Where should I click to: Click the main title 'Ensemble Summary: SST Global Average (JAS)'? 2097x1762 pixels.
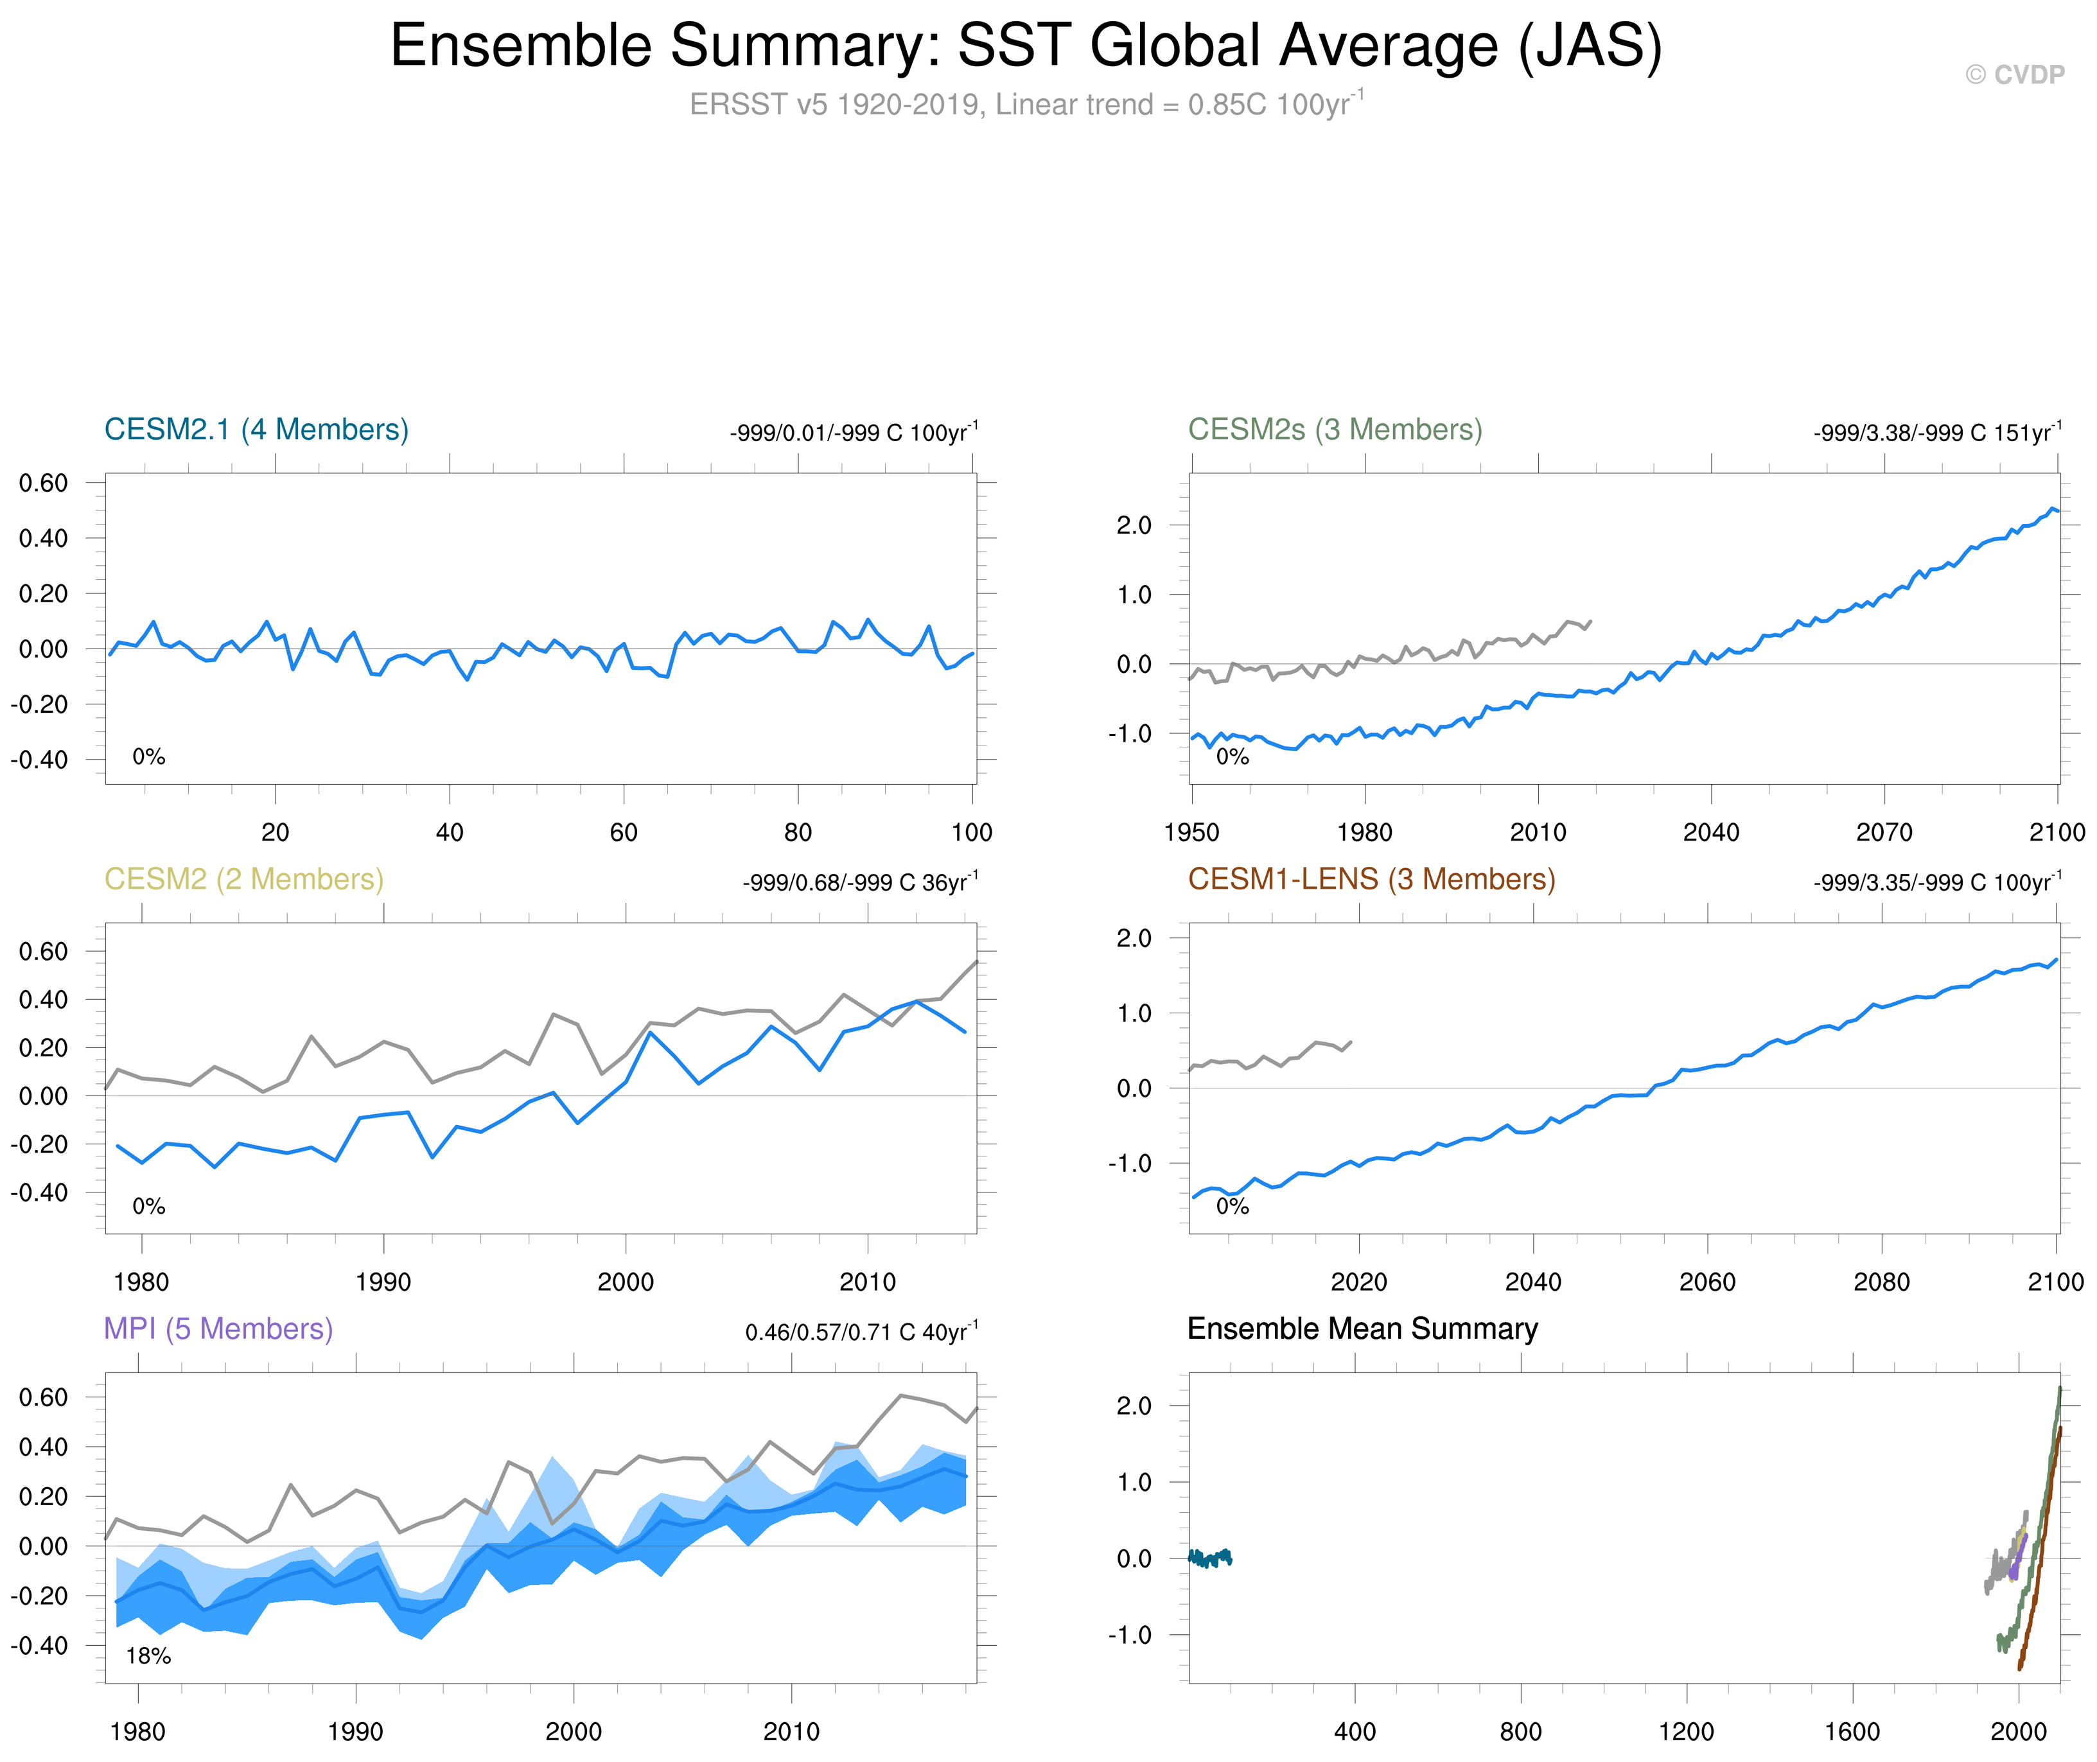[x=1026, y=46]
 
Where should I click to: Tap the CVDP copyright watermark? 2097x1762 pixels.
[x=2014, y=75]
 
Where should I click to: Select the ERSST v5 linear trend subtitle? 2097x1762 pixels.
[x=1026, y=104]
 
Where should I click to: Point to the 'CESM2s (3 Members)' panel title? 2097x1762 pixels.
[x=1335, y=430]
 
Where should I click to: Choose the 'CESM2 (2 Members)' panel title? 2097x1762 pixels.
[x=244, y=879]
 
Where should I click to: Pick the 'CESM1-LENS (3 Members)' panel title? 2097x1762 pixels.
[x=1371, y=879]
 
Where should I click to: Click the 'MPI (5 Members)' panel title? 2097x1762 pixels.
[x=218, y=1329]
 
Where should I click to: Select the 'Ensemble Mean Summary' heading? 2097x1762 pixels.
[x=1362, y=1329]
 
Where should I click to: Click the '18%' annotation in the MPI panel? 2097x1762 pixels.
[x=148, y=1656]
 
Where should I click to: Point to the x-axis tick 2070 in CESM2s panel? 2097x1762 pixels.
[x=1883, y=832]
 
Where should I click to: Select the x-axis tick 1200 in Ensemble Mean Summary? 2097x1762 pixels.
[x=1687, y=1732]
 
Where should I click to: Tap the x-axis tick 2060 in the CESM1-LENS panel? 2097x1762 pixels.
[x=1707, y=1282]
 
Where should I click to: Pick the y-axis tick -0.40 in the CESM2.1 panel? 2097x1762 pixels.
[x=40, y=759]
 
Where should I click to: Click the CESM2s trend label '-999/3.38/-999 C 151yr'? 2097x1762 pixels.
[x=1936, y=433]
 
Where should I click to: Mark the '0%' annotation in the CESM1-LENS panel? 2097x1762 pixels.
[x=1232, y=1207]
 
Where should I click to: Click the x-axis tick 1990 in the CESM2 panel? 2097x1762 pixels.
[x=383, y=1282]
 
